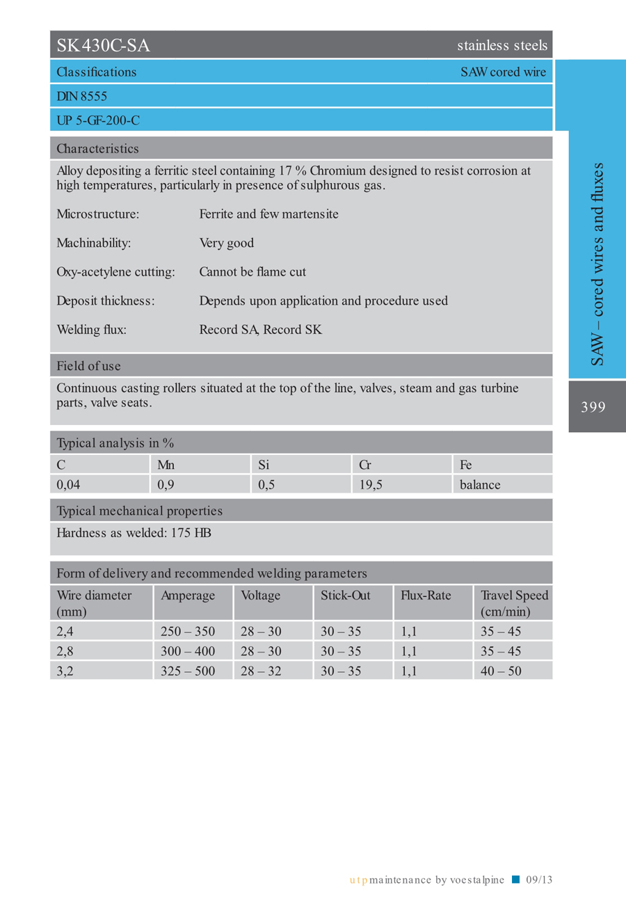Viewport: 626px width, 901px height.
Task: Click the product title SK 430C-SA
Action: [x=104, y=47]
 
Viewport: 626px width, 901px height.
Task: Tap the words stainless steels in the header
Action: [x=502, y=47]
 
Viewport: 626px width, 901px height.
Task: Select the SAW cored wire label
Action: [x=503, y=72]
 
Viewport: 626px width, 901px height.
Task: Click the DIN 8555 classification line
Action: [x=81, y=96]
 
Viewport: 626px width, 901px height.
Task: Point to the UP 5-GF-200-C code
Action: [x=98, y=120]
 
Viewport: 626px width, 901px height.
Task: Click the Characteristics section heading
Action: [x=97, y=148]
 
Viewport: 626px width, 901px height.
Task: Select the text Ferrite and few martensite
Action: [x=268, y=214]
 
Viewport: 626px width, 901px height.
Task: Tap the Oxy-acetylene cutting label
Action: [x=115, y=272]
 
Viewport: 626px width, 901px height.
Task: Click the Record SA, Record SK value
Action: [x=260, y=330]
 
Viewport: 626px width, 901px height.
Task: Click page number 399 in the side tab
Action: [x=593, y=407]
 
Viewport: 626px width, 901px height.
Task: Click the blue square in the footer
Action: [x=515, y=879]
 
